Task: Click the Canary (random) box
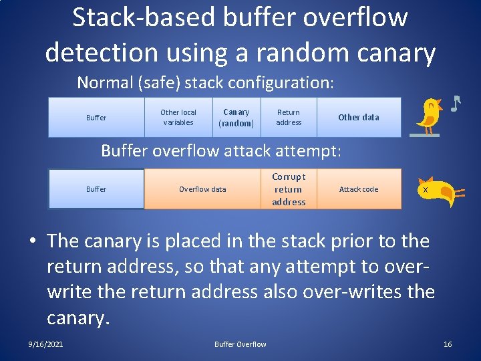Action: coord(236,118)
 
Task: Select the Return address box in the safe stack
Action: coord(289,118)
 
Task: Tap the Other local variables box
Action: coord(178,118)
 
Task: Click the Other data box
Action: coord(358,118)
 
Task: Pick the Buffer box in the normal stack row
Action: coord(96,118)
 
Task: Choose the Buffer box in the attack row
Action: coord(96,189)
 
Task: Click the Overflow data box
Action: coord(202,189)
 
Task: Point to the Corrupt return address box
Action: coord(289,189)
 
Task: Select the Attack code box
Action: coord(358,189)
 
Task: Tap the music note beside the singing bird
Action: coord(456,104)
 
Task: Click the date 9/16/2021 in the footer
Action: coord(46,344)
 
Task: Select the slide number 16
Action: coord(448,344)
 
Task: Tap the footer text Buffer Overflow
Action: coord(240,344)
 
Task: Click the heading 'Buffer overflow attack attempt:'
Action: coord(221,151)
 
